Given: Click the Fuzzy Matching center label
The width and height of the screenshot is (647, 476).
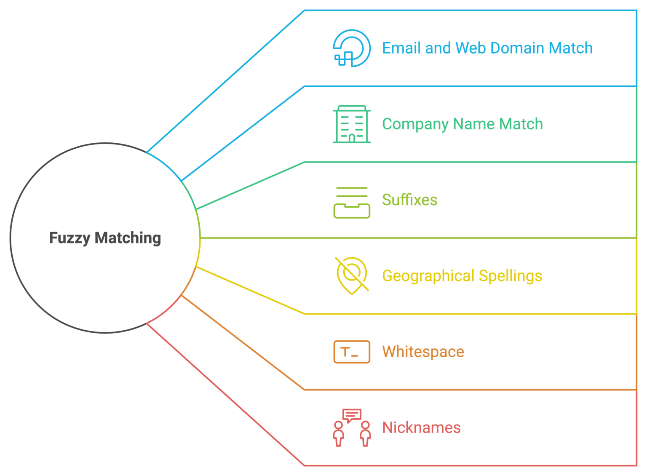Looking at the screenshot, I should click(x=105, y=238).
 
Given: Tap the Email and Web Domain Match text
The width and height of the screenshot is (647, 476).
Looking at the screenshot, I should click(x=487, y=48).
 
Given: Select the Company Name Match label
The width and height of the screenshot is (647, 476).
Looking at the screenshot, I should click(x=462, y=124).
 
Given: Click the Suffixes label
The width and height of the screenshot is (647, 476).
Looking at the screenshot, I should click(x=409, y=200).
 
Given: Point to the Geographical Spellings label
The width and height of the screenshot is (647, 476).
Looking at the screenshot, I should click(x=462, y=276).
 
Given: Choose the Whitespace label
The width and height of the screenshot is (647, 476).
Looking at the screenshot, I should click(x=423, y=352).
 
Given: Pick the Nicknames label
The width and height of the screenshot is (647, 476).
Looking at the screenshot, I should click(x=421, y=428).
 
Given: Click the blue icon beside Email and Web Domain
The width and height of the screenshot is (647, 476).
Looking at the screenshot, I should click(x=352, y=48).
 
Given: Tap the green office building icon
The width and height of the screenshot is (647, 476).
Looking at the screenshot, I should click(x=352, y=124).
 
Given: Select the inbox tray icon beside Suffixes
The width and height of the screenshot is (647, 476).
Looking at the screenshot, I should click(x=352, y=203).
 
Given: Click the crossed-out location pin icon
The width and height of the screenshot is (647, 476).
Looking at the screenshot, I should click(x=352, y=275).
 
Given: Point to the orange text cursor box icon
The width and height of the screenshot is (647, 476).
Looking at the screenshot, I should click(x=352, y=352).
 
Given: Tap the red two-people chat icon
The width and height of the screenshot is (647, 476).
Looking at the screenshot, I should click(x=352, y=428).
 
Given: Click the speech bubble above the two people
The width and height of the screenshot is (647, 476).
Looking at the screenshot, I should click(x=352, y=415).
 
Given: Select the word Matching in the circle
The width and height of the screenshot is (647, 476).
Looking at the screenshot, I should click(x=128, y=238).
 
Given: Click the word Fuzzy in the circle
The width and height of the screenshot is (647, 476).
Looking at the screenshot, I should click(x=70, y=238).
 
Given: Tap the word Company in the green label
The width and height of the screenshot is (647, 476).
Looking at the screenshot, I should click(x=415, y=124).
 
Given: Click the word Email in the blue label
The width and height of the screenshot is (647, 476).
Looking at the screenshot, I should click(x=401, y=48).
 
